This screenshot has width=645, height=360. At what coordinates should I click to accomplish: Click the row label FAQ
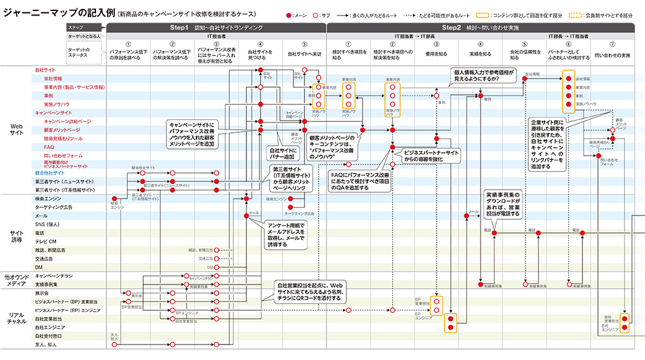pyautogui.click(x=40, y=147)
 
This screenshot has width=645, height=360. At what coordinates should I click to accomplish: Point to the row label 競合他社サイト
pyautogui.click(x=50, y=173)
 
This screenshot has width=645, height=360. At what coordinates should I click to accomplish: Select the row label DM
pyautogui.click(x=39, y=266)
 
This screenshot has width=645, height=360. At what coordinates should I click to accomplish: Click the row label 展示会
pyautogui.click(x=43, y=292)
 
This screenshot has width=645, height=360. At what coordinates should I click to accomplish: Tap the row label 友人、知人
pyautogui.click(x=45, y=344)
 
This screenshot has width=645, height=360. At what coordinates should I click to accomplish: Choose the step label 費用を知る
pyautogui.click(x=438, y=54)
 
